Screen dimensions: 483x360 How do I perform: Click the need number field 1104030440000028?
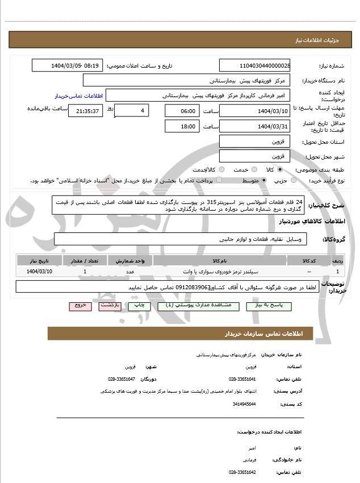click(254, 66)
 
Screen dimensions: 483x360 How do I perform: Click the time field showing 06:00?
click(182, 111)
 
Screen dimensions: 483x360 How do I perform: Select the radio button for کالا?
click(286, 169)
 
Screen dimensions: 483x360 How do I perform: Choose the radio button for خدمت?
click(254, 169)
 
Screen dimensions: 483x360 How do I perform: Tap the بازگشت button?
click(110, 306)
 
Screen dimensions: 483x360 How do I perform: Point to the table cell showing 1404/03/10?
click(39, 272)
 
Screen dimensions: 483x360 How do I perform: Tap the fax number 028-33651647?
click(122, 378)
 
